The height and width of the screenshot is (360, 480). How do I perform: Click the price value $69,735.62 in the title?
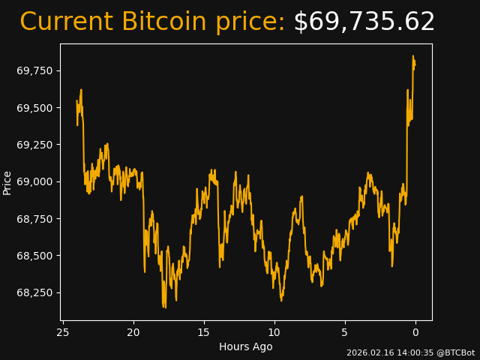tap(364, 22)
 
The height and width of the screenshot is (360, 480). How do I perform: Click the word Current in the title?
tap(67, 22)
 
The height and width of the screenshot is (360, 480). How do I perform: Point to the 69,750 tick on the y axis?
tap(36, 70)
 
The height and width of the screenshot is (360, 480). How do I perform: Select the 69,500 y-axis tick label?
tap(36, 108)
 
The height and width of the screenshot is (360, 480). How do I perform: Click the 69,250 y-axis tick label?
tap(36, 145)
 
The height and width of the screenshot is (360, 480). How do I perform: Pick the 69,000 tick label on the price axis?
tap(36, 181)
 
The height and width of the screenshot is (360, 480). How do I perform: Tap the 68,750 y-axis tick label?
tap(36, 219)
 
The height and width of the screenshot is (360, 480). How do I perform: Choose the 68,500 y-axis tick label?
tap(36, 256)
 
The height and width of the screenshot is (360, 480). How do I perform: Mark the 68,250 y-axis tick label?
tap(36, 292)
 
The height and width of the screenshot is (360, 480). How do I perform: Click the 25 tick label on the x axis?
tap(63, 332)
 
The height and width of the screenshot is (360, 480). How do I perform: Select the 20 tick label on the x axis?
tap(133, 332)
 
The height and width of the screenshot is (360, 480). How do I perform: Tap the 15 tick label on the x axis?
tap(204, 332)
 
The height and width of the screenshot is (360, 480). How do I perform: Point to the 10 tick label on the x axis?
tap(274, 332)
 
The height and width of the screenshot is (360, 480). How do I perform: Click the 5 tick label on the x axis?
tap(345, 332)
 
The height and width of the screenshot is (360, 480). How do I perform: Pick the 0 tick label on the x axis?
tap(415, 332)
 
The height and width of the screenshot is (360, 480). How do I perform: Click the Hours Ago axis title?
tap(246, 346)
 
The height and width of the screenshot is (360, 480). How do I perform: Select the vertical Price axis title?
tap(7, 182)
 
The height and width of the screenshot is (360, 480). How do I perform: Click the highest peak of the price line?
tap(412, 55)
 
